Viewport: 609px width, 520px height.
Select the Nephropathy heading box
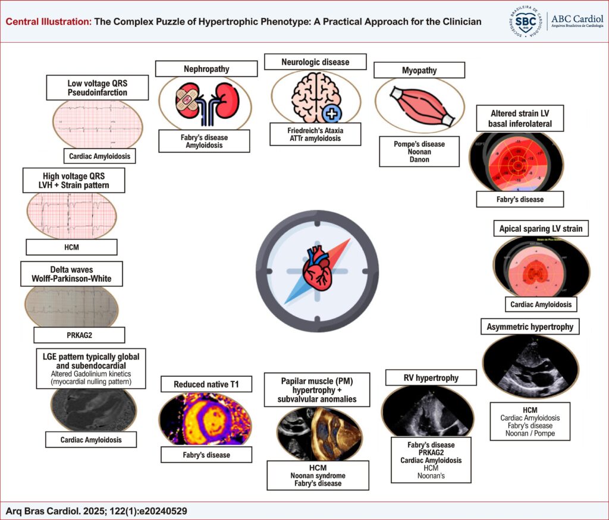[x=206, y=69]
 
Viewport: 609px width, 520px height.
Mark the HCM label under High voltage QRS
[x=71, y=247]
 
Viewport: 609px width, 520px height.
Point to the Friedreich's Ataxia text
[x=315, y=130]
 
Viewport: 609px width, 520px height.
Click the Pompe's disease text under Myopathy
[x=420, y=144]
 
